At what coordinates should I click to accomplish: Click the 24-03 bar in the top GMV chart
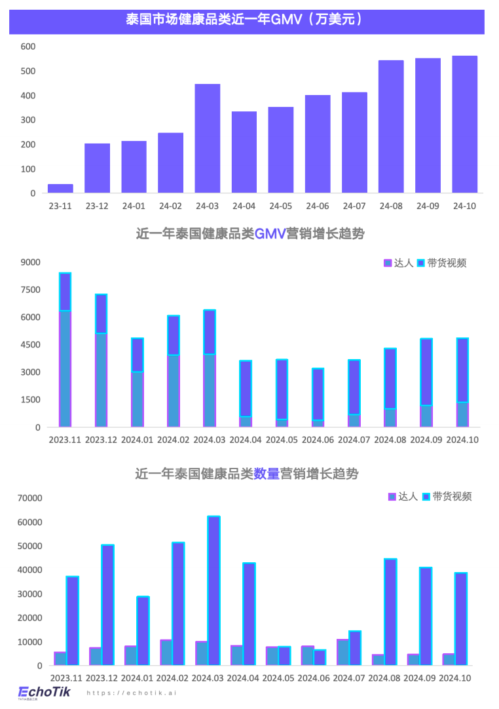pos(208,138)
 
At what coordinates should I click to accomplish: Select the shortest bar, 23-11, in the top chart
pos(60,189)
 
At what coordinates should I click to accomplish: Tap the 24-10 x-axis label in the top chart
pos(464,206)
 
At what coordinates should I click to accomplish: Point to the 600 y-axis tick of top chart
pos(28,47)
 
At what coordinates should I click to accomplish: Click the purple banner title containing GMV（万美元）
pos(246,20)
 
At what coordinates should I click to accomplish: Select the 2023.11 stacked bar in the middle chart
pos(65,350)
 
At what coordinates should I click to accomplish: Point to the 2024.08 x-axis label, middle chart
pos(390,440)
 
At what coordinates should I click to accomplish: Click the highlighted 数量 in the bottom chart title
pos(267,473)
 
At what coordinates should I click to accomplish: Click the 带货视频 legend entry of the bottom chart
pos(447,497)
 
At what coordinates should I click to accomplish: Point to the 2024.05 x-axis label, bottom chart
pos(282,678)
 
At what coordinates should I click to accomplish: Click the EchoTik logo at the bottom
pos(44,692)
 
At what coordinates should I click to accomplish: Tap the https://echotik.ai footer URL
pos(132,693)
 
